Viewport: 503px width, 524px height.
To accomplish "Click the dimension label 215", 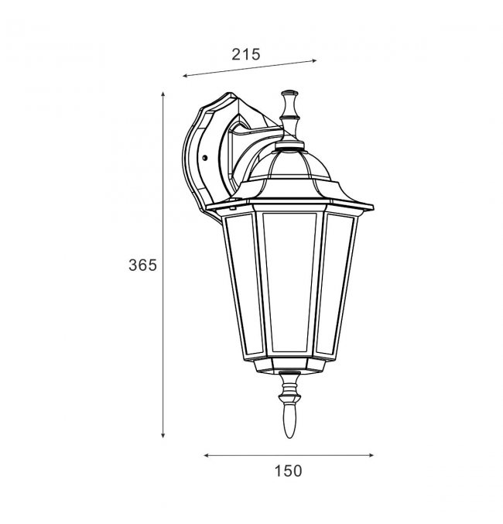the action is (x=245, y=54).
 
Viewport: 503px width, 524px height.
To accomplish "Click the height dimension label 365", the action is (x=142, y=265).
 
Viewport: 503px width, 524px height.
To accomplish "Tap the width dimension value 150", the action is (x=288, y=471).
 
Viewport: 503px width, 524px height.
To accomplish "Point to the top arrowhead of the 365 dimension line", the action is (x=163, y=94).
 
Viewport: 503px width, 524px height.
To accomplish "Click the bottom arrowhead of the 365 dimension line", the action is (x=163, y=435).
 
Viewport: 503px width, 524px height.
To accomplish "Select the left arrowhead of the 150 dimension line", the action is (x=207, y=455).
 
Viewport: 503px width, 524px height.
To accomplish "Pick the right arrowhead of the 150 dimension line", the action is (x=371, y=455).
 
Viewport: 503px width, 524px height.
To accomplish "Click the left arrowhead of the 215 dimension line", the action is (x=186, y=76).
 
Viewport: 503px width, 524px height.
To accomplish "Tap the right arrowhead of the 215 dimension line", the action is (x=313, y=61).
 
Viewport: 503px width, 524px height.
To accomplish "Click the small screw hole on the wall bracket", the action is (x=205, y=157).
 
